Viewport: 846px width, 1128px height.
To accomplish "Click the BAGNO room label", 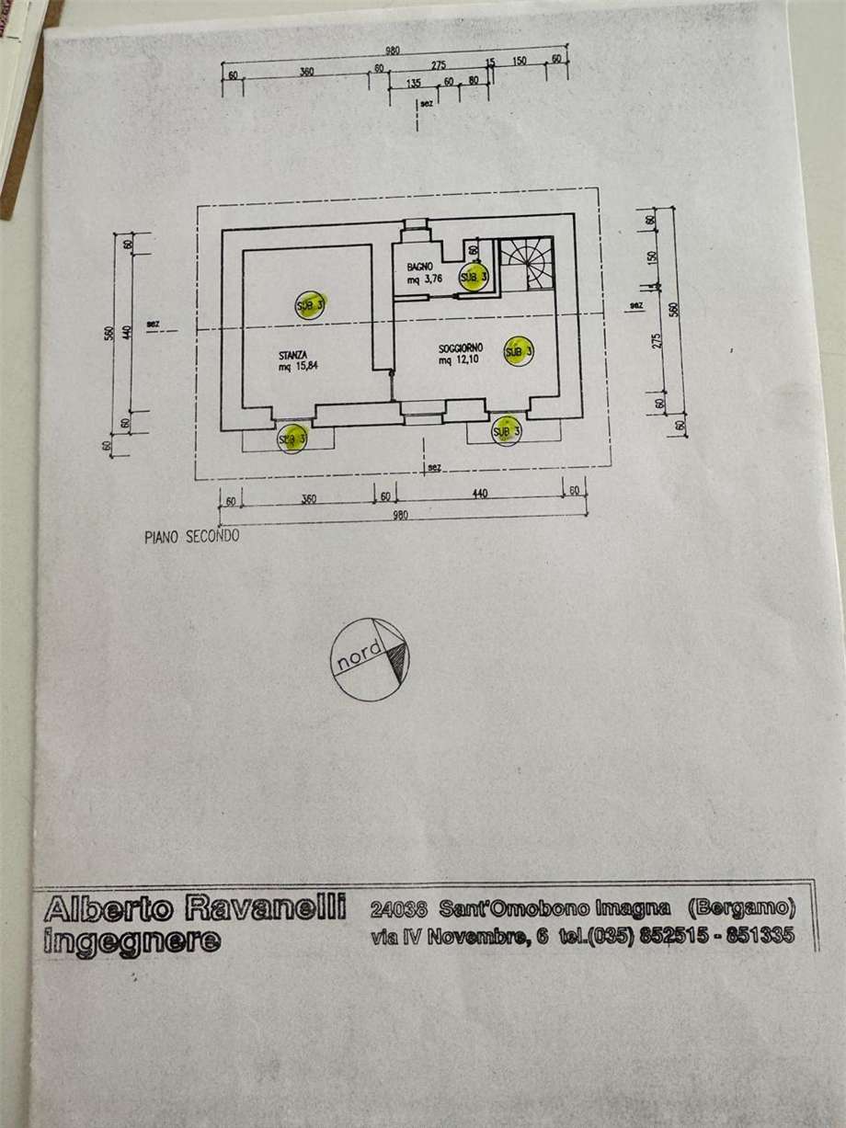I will pos(419,267).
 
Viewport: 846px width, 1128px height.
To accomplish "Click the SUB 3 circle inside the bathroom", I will pos(474,277).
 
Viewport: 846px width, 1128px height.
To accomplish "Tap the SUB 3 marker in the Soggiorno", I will pos(519,352).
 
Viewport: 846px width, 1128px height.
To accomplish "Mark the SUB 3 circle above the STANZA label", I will pos(309,304).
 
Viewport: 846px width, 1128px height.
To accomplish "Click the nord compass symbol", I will pos(371,658).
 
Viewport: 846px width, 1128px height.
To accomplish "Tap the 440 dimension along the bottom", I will pos(480,495).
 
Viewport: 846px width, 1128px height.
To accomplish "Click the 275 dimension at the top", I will pos(437,64).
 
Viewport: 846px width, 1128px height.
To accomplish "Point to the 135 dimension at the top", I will pos(412,82).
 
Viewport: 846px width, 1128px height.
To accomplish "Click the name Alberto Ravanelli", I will pos(194,910).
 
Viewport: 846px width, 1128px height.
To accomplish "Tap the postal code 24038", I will pos(398,910).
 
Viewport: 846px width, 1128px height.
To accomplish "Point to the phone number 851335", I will pos(760,937).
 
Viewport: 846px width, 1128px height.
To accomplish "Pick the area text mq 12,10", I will pos(457,361).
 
